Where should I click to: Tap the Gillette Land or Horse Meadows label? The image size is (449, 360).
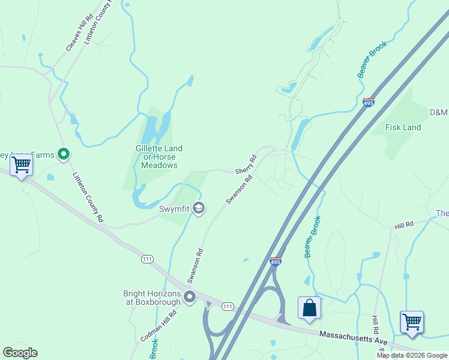click(x=159, y=157)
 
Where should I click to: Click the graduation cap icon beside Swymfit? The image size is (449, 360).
click(x=199, y=209)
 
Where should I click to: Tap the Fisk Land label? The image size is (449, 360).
click(x=403, y=127)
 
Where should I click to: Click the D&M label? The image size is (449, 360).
click(x=438, y=112)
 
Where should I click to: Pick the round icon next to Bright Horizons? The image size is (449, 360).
click(x=190, y=297)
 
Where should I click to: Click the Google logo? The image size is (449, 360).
click(x=20, y=353)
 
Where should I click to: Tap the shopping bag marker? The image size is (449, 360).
click(x=309, y=307)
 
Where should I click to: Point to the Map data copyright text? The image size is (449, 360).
click(x=412, y=355)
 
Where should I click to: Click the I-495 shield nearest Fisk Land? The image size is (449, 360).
click(x=369, y=103)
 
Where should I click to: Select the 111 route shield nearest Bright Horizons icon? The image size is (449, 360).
click(x=227, y=307)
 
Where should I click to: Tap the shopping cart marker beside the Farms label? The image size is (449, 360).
click(x=21, y=164)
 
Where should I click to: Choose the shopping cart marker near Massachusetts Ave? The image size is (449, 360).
click(x=412, y=322)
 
